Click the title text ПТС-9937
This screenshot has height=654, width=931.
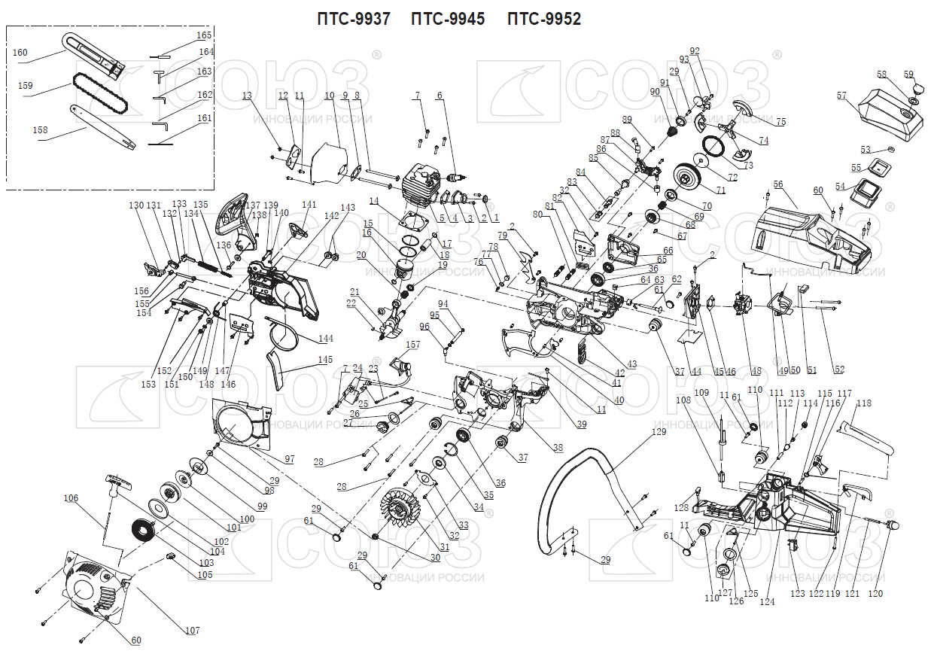coord(354,20)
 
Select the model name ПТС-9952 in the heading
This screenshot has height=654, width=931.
coord(544,20)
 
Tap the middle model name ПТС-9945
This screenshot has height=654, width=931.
coord(448,20)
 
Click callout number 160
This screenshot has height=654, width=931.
coord(20,53)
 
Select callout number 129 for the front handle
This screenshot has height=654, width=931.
coord(659,432)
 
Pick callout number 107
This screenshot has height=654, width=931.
coord(193,631)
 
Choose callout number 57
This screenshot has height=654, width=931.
coord(841,96)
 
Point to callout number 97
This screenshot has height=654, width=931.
coord(289,458)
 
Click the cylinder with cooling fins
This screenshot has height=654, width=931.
coord(418,184)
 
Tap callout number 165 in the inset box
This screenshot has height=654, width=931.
coord(204,35)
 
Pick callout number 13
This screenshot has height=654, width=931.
coord(247,96)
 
